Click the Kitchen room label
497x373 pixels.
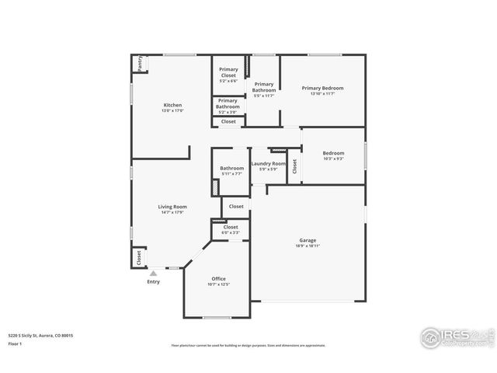click(172, 105)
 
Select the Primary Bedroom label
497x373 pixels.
click(322, 88)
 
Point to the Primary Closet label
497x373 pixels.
click(228, 69)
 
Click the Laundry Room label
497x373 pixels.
click(268, 164)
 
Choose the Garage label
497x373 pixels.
click(308, 239)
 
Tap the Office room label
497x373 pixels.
click(219, 278)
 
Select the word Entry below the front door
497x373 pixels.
click(154, 281)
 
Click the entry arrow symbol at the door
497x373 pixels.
click(154, 273)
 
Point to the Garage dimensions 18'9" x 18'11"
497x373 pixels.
click(308, 246)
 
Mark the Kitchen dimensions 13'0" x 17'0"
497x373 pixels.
click(172, 111)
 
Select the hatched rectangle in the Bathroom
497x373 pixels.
click(215, 188)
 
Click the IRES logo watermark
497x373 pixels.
click(454, 337)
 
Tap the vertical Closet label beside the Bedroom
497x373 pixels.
click(294, 166)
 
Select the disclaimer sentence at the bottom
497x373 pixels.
click(248, 345)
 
